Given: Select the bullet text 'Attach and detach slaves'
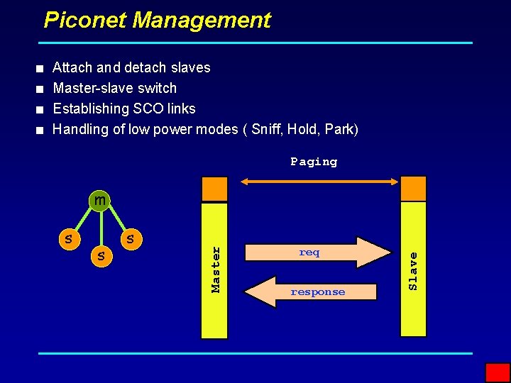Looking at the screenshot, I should [x=131, y=67].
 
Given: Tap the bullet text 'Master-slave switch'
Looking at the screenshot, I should [x=115, y=88].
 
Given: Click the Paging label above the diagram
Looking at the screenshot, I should [x=314, y=162].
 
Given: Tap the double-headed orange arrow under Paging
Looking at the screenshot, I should [x=319, y=182].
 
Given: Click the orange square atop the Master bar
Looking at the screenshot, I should [x=215, y=189].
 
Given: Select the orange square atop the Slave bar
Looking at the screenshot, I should [x=414, y=189].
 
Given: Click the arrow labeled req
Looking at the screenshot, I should [x=317, y=252].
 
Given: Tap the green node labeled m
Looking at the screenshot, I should [x=100, y=201].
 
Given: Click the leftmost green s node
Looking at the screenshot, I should [x=68, y=238].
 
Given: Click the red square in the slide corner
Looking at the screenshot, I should [x=498, y=372].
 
